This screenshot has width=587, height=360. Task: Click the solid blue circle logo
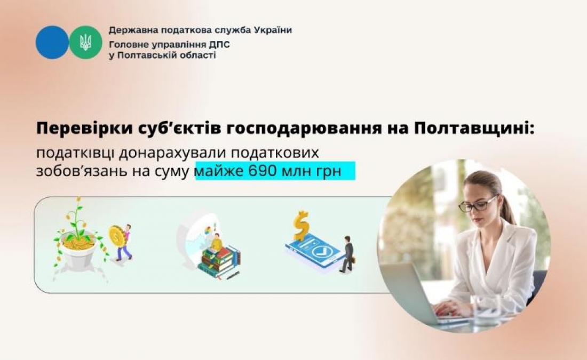52,42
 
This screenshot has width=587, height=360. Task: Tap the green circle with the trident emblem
86,42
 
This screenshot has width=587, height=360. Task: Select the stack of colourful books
219,261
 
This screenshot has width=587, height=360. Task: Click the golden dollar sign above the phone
302,225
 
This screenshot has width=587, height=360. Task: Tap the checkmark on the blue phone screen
321,251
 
